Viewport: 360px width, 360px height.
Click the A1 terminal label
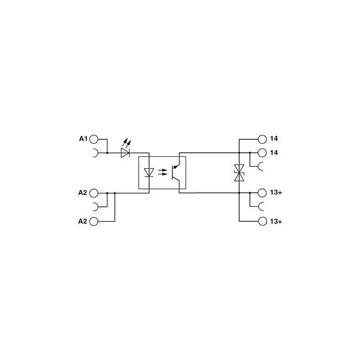83,139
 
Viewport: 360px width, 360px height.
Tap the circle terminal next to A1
94,139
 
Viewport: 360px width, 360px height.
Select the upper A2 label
83,193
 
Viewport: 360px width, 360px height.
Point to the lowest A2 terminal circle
94,221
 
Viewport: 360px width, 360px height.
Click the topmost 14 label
274,138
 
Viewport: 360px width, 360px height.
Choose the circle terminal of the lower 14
262,153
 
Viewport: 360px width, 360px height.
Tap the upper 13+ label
276,192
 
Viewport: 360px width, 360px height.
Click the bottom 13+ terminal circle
262,221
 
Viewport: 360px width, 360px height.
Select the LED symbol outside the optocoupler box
125,149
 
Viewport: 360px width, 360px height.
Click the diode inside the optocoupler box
149,172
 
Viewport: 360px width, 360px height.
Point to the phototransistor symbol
176,172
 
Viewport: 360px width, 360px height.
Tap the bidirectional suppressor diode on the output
239,173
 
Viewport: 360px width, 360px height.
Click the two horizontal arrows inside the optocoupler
163,172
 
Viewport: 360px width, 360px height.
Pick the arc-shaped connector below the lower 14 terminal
261,167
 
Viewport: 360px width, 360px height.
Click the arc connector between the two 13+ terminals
261,207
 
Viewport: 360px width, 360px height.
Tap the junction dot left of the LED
107,153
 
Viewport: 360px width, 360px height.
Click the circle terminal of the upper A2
94,193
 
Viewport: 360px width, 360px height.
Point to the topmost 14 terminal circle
262,139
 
